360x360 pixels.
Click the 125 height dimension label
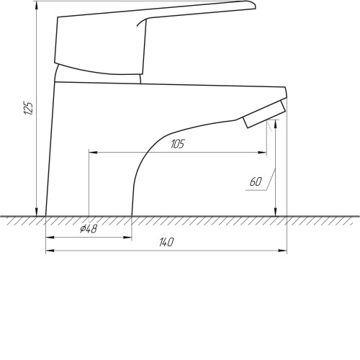coord(28,108)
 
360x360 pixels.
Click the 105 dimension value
coord(178,144)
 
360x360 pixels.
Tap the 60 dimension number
coord(256,181)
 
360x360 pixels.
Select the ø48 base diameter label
coord(89,229)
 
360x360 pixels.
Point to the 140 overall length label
coord(166,242)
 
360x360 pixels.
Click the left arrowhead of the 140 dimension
coord(50,251)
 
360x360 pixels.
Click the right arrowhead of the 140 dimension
coord(282,251)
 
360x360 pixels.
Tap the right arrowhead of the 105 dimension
coord(262,153)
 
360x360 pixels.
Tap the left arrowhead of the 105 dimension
coord(94,153)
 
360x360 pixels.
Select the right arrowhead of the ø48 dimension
coord(127,238)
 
